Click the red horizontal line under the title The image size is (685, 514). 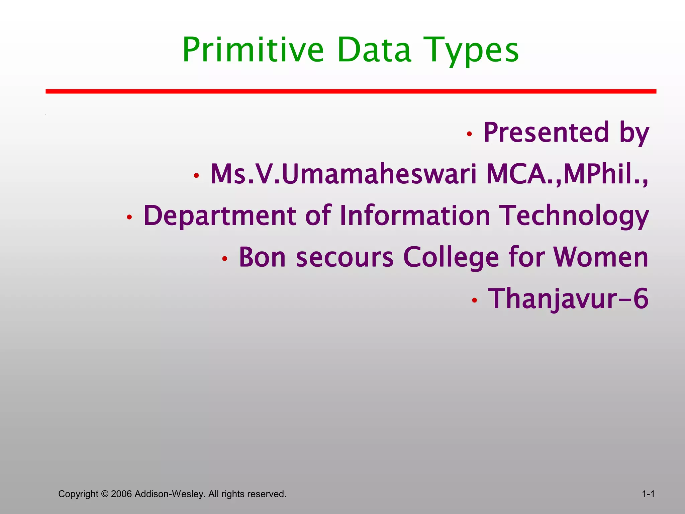tap(351, 91)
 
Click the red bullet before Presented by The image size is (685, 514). tap(469, 134)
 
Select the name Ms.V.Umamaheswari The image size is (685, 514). tap(343, 174)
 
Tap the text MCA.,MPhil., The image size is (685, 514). tap(567, 174)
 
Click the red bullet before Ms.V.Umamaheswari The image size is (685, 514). tap(196, 175)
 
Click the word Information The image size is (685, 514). tap(415, 216)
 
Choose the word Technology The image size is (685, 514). tap(574, 216)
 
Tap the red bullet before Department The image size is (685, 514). tap(129, 218)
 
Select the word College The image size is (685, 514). tap(451, 257)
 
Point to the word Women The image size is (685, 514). tap(601, 257)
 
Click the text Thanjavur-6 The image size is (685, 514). tap(568, 299)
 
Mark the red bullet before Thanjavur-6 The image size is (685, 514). tap(474, 300)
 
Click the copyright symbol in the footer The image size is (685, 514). tap(105, 494)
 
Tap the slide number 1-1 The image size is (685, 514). tap(648, 494)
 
